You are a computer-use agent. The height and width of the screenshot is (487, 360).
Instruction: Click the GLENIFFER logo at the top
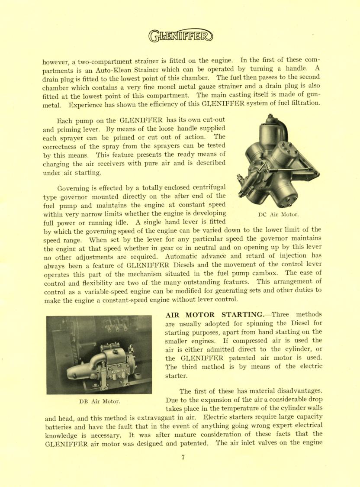(x=180, y=36)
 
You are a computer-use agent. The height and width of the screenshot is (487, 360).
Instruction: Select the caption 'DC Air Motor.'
(x=278, y=214)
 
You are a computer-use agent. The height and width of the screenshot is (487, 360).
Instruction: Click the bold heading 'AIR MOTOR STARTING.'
(x=215, y=314)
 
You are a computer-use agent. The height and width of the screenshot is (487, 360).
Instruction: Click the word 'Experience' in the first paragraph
(x=86, y=104)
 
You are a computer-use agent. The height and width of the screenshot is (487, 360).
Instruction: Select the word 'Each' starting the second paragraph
(x=66, y=120)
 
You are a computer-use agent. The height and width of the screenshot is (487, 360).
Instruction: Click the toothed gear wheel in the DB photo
(x=76, y=346)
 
